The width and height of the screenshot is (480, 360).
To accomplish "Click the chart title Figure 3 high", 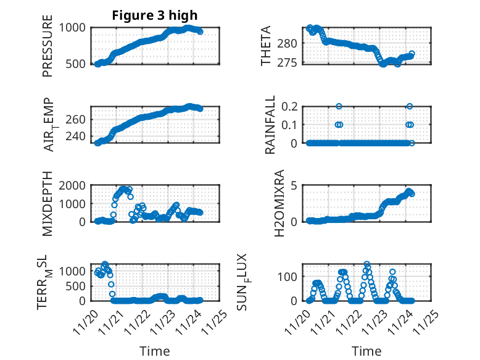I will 154,15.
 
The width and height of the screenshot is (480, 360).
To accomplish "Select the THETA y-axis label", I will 266,45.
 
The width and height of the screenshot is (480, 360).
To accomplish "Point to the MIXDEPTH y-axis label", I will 48,204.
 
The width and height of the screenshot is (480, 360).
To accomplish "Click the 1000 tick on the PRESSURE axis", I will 74,27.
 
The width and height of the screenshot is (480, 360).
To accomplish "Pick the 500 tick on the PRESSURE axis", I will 77,64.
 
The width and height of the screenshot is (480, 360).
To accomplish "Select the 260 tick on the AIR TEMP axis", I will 77,120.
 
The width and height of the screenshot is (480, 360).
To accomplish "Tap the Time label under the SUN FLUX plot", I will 366,351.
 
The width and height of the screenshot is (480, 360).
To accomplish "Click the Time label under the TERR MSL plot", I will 155,351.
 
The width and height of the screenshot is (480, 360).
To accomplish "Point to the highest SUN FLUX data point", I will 367,264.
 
